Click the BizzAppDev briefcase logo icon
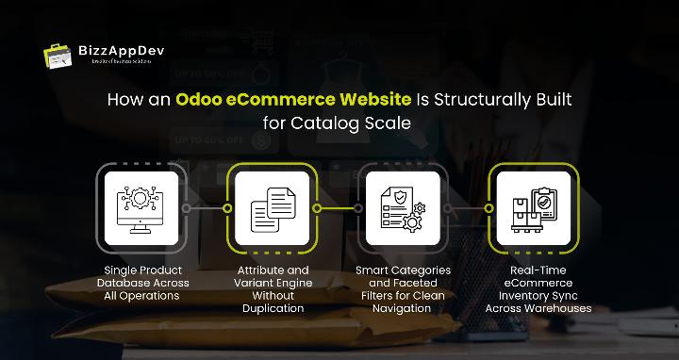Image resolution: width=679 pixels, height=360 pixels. point(58,55)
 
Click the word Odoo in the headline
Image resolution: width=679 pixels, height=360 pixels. point(199,101)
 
